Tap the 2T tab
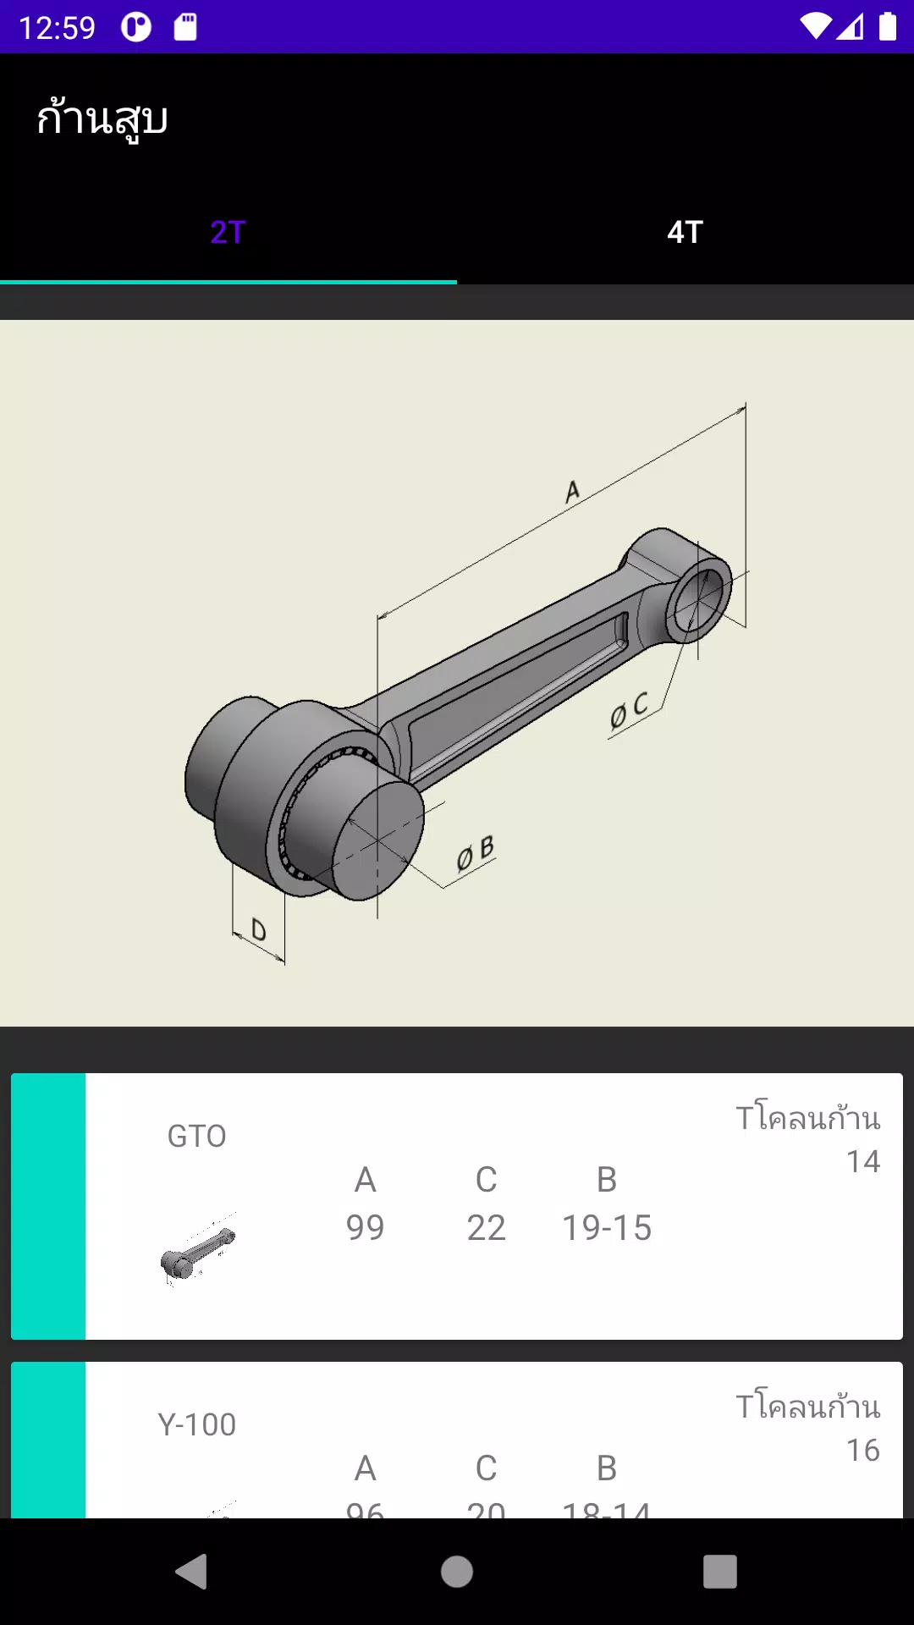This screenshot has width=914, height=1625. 228,232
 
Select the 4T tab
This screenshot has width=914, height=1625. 685,232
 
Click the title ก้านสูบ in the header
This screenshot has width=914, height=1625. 102,118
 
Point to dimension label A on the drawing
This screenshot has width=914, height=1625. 573,491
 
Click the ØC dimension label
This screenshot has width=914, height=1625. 629,710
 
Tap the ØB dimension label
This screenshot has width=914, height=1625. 475,853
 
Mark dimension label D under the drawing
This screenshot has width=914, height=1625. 259,931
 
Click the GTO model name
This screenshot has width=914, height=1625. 197,1136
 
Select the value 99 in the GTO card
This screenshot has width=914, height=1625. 365,1227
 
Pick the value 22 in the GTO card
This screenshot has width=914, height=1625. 486,1227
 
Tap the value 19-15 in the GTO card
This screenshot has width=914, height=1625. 607,1227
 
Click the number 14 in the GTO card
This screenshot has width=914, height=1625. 862,1161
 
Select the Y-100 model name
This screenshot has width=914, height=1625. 197,1424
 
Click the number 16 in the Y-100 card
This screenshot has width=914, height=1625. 862,1450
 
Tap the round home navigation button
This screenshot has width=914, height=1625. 457,1572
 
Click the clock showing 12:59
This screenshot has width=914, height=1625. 57,28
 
